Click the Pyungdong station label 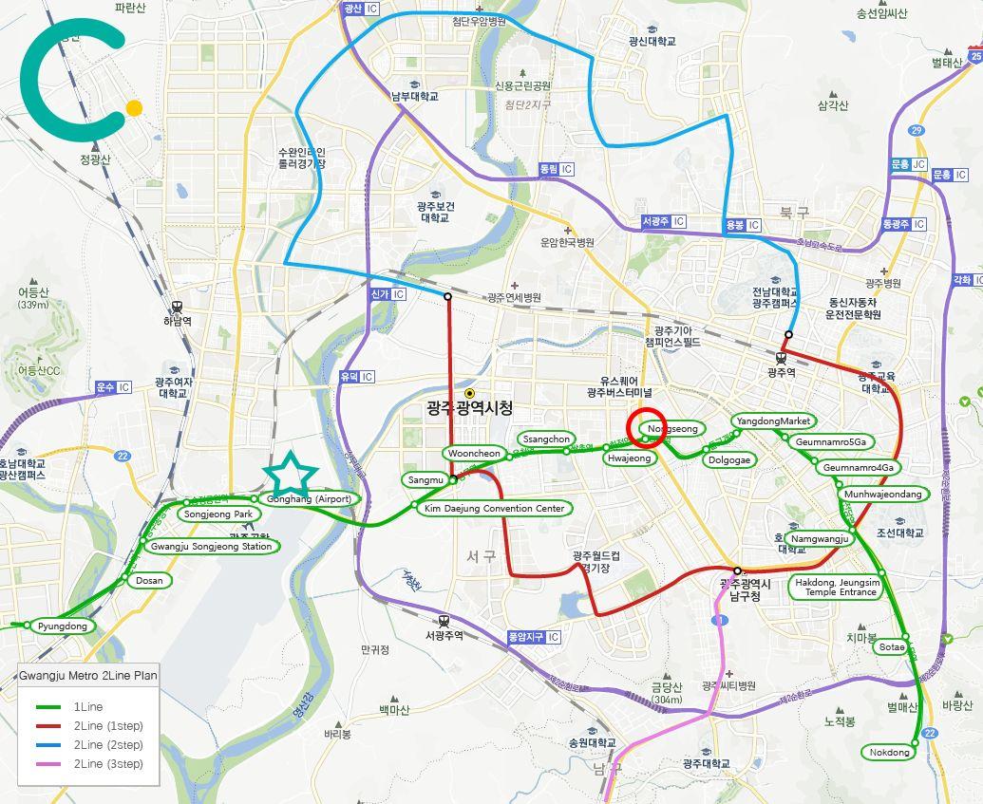[62, 626]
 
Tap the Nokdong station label [890, 752]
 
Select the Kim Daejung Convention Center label [494, 509]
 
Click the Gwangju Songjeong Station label [211, 547]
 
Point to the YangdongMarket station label [773, 421]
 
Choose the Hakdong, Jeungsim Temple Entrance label [837, 587]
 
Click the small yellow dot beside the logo [134, 108]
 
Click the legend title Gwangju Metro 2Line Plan [87, 676]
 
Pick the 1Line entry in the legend [87, 707]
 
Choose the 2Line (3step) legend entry [107, 764]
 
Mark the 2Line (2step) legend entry [107, 745]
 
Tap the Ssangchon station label [546, 439]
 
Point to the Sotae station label [892, 647]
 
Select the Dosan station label [149, 580]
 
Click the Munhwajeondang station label [882, 494]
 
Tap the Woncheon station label [474, 454]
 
